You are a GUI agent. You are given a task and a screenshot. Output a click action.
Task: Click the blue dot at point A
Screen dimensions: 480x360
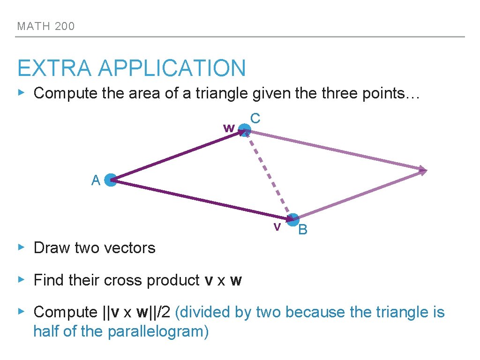point(111,180)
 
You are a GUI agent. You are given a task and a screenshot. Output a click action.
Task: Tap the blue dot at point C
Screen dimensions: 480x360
point(244,130)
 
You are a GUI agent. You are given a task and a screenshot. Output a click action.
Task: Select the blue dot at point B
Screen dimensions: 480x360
point(293,219)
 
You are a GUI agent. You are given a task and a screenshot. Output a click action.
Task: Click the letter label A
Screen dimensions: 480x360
point(96,180)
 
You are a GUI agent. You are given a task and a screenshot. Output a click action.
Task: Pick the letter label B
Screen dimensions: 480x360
point(303,230)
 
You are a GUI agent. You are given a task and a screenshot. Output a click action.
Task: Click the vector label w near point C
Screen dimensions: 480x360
point(229,127)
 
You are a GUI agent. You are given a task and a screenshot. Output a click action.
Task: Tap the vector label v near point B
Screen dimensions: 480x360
point(277,227)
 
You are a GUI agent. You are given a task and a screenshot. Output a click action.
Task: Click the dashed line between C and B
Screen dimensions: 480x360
point(268,175)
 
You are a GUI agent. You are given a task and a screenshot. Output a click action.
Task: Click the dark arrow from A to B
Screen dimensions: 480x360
point(202,200)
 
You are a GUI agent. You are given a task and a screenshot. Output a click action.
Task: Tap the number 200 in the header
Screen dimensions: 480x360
point(64,26)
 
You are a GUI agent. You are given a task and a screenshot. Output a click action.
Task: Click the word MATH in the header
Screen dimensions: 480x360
point(33,26)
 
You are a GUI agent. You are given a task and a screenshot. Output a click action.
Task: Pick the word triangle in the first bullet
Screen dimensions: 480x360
point(220,93)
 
